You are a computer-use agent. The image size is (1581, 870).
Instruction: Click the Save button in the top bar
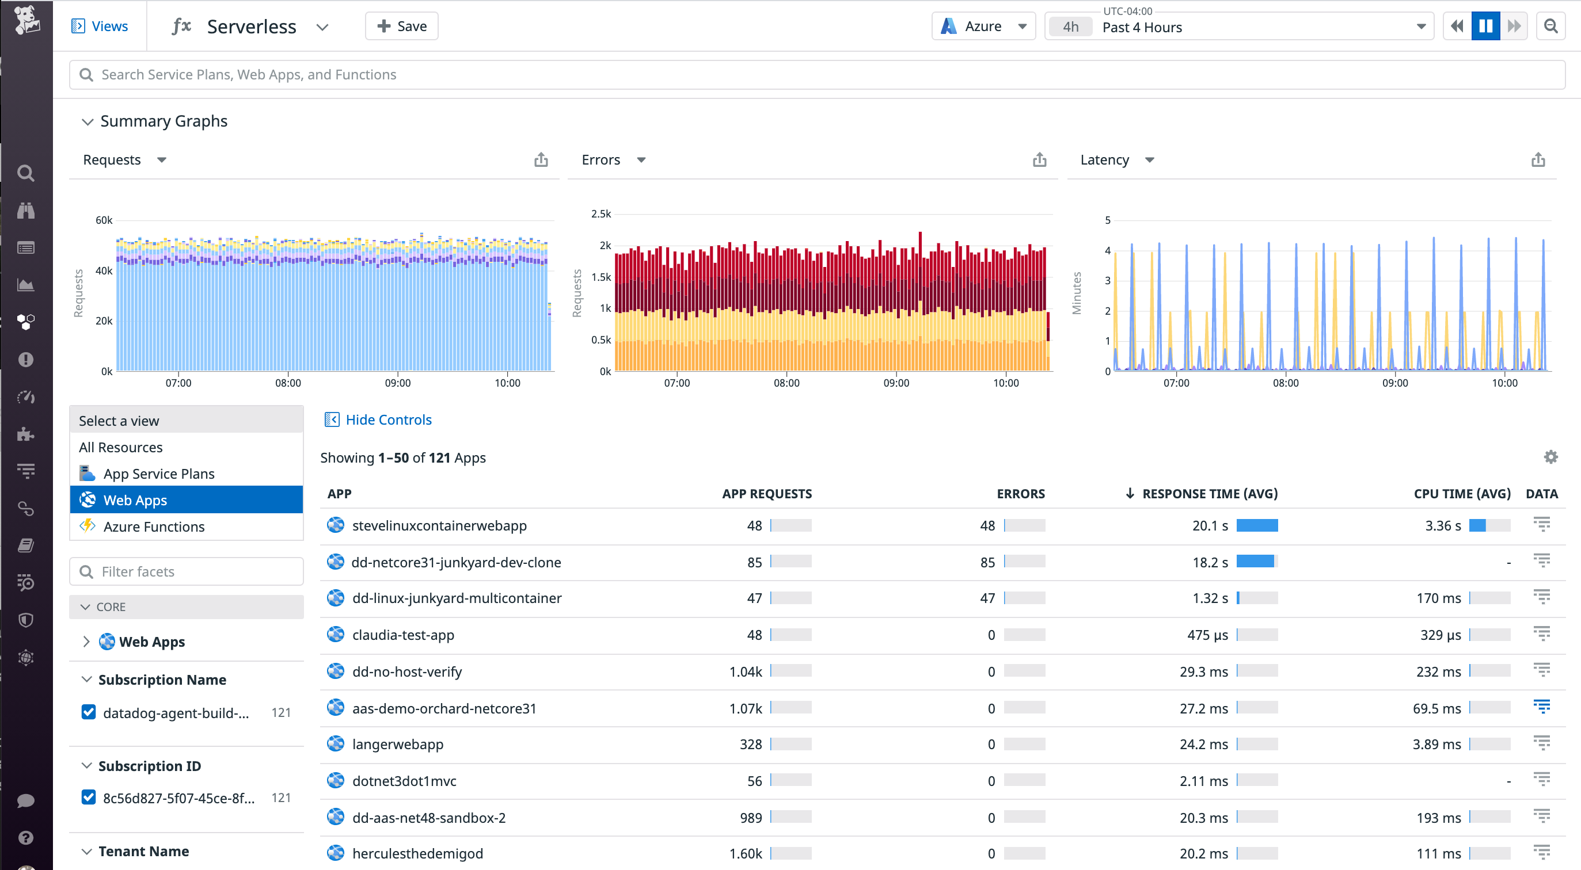click(401, 26)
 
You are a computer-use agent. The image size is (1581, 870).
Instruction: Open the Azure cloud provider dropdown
click(983, 26)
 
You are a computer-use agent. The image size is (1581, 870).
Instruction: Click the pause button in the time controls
click(1485, 26)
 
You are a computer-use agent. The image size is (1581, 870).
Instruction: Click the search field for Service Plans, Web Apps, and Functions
click(816, 75)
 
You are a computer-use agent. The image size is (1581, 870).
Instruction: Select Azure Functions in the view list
click(153, 526)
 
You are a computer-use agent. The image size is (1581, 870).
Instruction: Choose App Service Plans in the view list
click(158, 474)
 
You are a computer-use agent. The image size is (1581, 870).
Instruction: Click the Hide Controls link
click(388, 419)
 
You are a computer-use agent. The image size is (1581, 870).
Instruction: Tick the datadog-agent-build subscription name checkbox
click(89, 712)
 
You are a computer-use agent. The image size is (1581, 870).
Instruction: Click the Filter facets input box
click(187, 571)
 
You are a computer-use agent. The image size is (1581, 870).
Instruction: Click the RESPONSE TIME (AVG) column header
click(1209, 494)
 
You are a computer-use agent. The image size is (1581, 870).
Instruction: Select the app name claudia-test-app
click(402, 635)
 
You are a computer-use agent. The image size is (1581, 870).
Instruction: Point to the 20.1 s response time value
click(1210, 526)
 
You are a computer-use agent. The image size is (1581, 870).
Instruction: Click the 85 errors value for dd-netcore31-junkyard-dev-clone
click(987, 563)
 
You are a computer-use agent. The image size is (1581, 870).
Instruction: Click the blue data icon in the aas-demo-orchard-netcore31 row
click(1541, 707)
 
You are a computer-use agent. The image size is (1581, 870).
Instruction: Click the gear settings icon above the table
click(1550, 457)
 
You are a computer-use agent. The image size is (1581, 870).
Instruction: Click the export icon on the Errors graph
click(1039, 160)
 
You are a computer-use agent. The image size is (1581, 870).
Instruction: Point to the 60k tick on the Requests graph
click(104, 220)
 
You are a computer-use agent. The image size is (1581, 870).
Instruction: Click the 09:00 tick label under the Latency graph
click(1394, 383)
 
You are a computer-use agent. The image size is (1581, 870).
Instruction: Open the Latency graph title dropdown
click(1149, 160)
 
